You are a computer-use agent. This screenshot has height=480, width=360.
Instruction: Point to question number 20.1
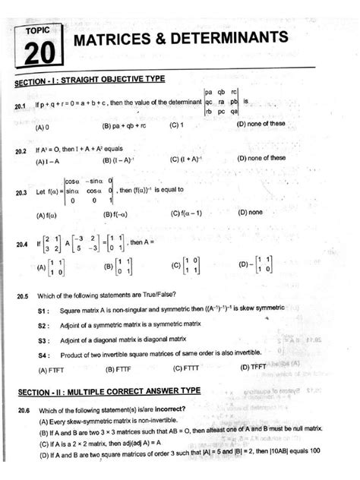[20, 106]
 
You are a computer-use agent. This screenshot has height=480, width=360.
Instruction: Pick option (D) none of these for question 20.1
[261, 123]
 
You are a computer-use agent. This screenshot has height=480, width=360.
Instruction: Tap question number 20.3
[20, 193]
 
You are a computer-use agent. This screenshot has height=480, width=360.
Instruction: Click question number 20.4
[20, 246]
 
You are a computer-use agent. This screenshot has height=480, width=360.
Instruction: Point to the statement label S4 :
[43, 355]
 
